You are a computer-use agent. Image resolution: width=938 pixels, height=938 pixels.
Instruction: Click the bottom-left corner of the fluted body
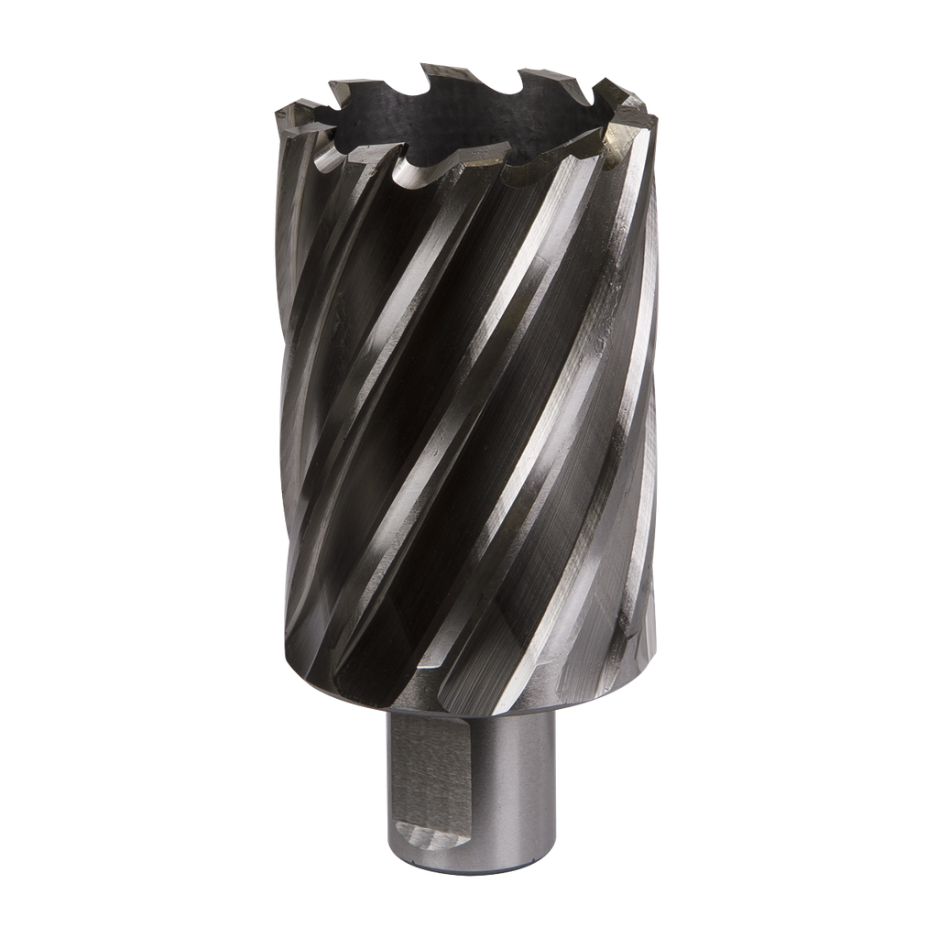click(x=289, y=641)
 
